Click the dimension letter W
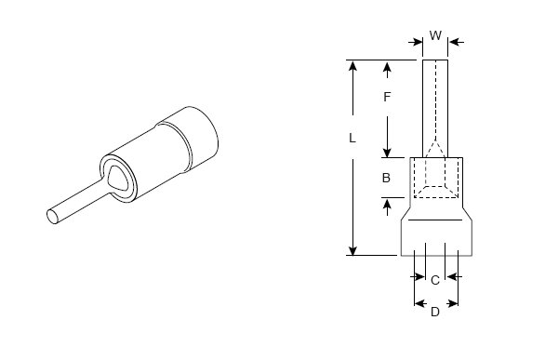[x=435, y=35]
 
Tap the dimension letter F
[x=387, y=97]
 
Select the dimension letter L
[x=352, y=139]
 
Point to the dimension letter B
[x=386, y=178]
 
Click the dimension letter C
[x=435, y=280]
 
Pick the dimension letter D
[x=435, y=312]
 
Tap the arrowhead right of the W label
[x=453, y=43]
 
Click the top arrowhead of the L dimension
[x=352, y=65]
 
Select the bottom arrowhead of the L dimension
[x=352, y=250]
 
